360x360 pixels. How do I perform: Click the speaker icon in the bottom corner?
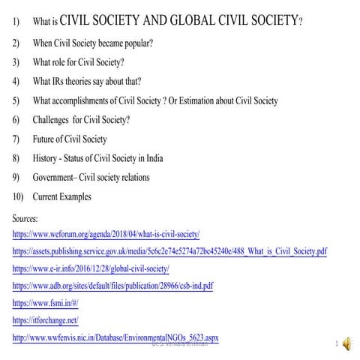click(347, 344)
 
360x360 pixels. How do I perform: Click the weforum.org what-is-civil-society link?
click(106, 235)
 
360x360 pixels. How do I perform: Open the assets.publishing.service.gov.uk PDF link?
click(169, 251)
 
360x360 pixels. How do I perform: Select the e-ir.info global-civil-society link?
click(91, 268)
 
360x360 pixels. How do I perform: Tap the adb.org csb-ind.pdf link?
click(112, 286)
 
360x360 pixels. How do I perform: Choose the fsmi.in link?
click(46, 303)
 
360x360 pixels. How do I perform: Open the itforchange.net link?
click(46, 320)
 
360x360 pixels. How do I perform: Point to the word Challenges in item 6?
click(54, 120)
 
